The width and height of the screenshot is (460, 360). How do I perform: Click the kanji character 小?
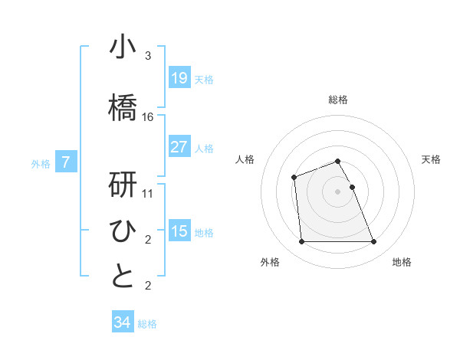click(123, 47)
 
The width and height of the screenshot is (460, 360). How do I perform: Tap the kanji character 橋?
click(123, 107)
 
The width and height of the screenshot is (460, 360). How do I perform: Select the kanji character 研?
click(123, 185)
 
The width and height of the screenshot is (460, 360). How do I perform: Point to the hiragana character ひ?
click(123, 231)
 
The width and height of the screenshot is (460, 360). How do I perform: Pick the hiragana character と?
click(123, 277)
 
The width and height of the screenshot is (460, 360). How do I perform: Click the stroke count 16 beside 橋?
click(148, 117)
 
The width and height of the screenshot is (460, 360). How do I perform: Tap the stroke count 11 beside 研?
click(148, 194)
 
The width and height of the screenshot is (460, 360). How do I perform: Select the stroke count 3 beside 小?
click(148, 56)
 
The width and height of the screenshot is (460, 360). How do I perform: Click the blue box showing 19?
click(179, 77)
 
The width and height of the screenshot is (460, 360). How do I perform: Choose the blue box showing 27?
click(179, 146)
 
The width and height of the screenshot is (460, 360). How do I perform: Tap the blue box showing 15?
click(179, 231)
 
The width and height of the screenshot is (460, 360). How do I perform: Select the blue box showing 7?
click(67, 162)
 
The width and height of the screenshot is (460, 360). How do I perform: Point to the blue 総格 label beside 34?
click(147, 324)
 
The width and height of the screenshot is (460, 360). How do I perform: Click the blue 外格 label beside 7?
click(41, 163)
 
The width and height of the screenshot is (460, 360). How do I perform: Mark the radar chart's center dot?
click(338, 191)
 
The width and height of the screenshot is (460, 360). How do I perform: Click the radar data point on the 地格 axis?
click(374, 242)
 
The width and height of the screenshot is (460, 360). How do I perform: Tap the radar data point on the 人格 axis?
click(294, 178)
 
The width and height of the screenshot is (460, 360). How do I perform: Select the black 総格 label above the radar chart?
click(338, 100)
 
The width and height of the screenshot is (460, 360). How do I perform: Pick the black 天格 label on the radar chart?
click(431, 159)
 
